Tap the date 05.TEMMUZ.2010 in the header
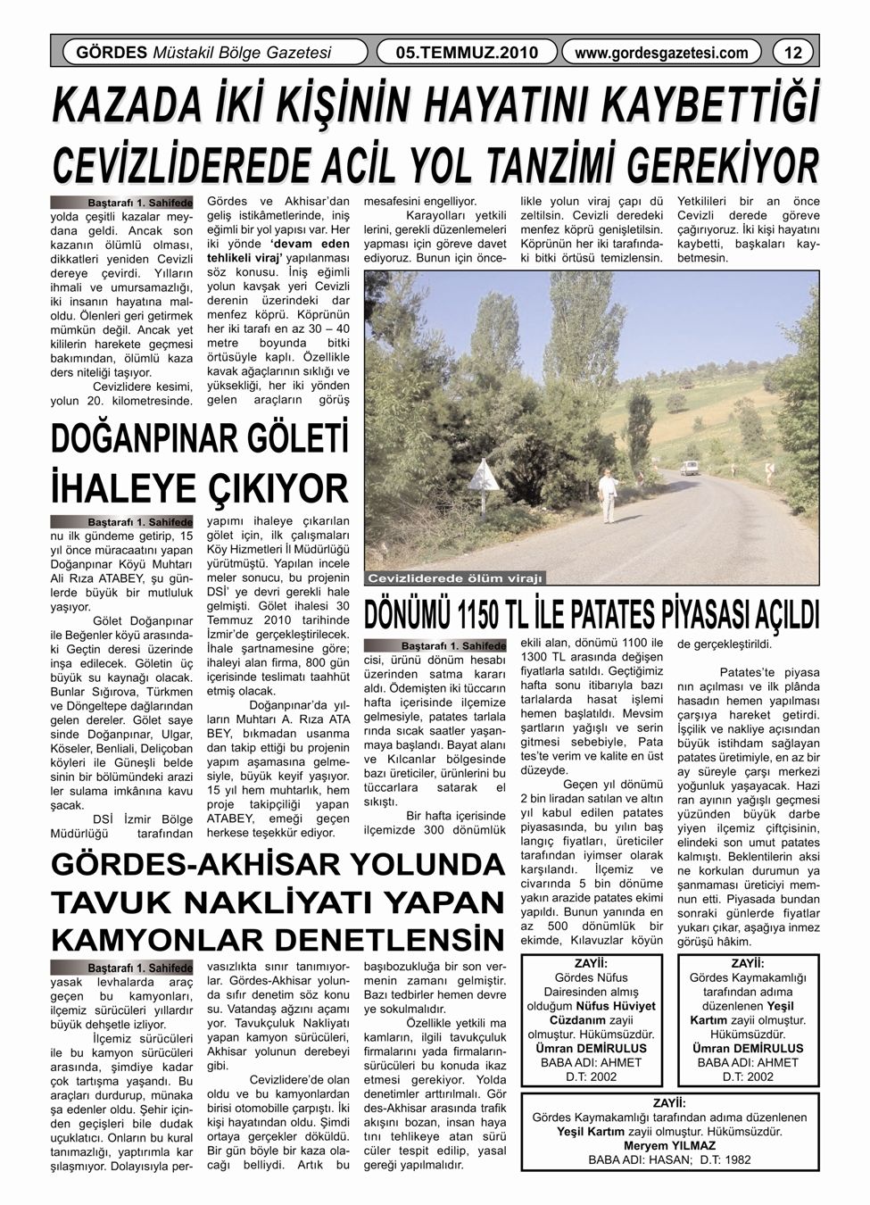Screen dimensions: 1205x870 pyautogui.click(x=467, y=53)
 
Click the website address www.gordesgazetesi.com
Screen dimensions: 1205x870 pyautogui.click(x=661, y=53)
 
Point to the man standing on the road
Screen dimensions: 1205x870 pyautogui.click(x=609, y=496)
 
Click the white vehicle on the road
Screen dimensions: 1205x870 pyautogui.click(x=689, y=468)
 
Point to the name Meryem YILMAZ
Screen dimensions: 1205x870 pyautogui.click(x=669, y=1145)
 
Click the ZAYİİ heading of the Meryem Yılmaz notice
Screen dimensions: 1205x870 pyautogui.click(x=669, y=1102)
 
